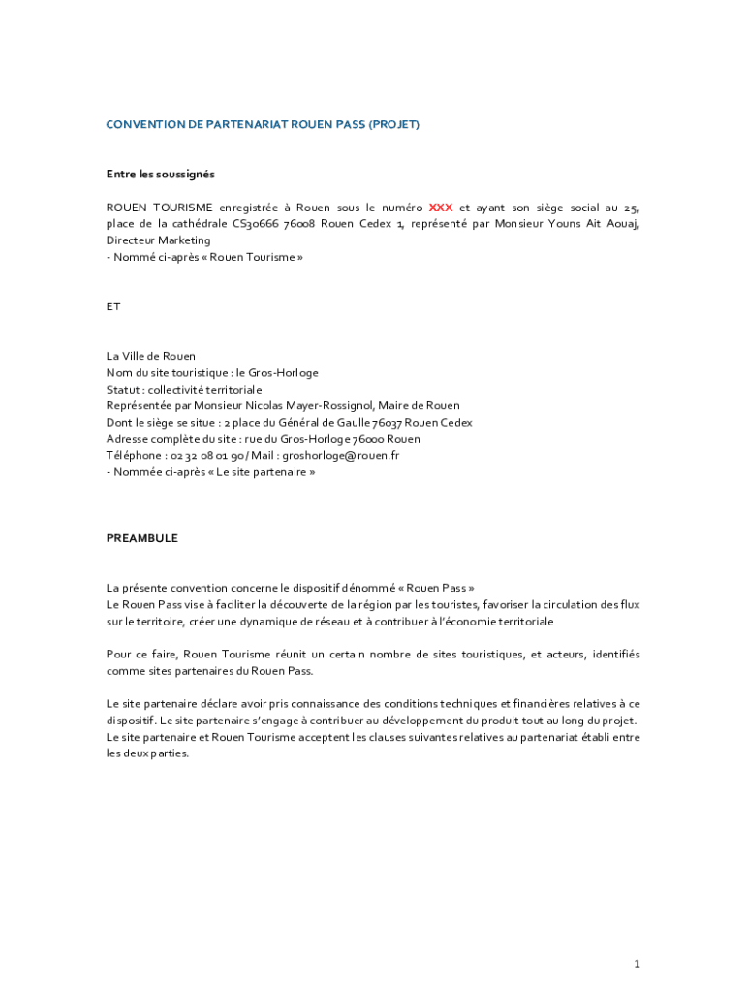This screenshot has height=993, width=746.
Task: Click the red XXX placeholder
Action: click(x=441, y=208)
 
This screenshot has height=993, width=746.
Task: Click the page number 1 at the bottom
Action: click(x=637, y=964)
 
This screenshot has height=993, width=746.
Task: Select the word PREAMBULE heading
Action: click(x=141, y=538)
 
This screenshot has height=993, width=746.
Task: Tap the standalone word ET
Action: click(x=113, y=306)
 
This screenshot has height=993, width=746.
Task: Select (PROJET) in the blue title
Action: click(x=393, y=125)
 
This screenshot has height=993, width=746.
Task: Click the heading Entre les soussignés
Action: click(x=160, y=175)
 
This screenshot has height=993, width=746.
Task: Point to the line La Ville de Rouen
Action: click(x=150, y=357)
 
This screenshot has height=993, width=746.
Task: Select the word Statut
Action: click(x=123, y=390)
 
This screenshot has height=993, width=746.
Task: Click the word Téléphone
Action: click(x=134, y=456)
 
